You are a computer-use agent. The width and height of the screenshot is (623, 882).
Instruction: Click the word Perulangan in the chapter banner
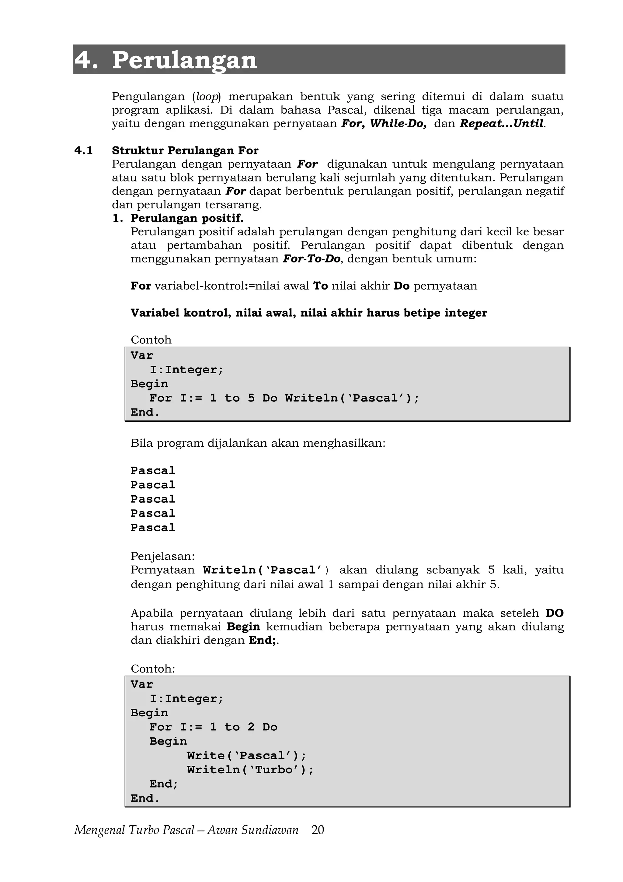click(184, 60)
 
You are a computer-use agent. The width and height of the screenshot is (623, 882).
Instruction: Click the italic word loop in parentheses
click(207, 97)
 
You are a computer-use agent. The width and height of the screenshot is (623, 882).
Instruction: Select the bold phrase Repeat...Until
click(502, 124)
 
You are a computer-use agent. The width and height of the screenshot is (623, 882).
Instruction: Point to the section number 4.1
click(83, 151)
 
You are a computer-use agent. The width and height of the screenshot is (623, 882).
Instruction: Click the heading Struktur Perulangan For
click(185, 151)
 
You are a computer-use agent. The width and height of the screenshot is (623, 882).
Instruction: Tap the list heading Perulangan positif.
click(187, 218)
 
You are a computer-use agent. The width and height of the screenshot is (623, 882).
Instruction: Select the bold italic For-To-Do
click(311, 259)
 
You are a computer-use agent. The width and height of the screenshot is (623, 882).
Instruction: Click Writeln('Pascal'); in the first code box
click(352, 398)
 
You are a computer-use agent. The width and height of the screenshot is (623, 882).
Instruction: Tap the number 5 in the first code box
click(251, 398)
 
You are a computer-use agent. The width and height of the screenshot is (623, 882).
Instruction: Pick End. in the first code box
click(145, 412)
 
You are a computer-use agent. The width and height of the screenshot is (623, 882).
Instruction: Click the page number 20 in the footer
click(318, 830)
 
